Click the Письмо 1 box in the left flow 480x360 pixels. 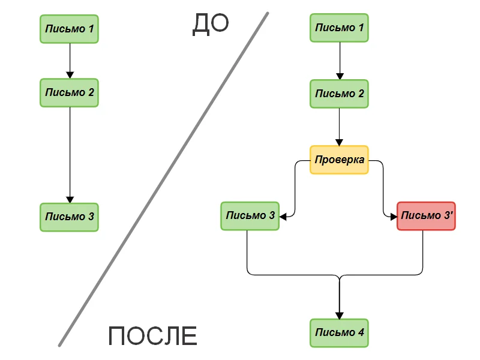69,29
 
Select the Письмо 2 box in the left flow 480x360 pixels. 69,92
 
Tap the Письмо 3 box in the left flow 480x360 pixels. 69,217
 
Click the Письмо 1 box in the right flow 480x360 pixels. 339,28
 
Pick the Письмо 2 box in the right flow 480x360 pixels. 339,94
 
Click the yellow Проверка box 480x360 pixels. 339,160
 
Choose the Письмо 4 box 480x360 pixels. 339,333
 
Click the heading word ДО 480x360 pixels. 211,24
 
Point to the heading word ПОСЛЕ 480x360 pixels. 153,337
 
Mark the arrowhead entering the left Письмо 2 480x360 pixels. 70,75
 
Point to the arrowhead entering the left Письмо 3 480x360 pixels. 70,199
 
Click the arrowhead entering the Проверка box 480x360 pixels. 340,143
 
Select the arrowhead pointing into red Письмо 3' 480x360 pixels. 393,216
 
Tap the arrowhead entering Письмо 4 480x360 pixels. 340,316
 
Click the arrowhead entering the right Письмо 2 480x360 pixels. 340,76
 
